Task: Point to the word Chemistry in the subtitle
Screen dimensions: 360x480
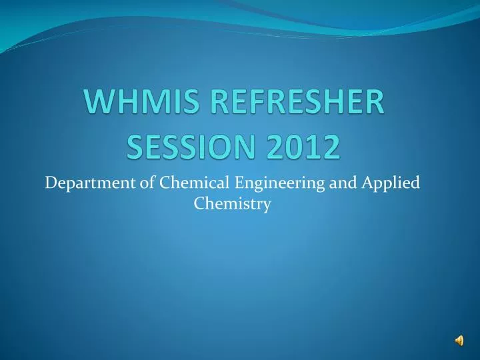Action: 231,205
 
